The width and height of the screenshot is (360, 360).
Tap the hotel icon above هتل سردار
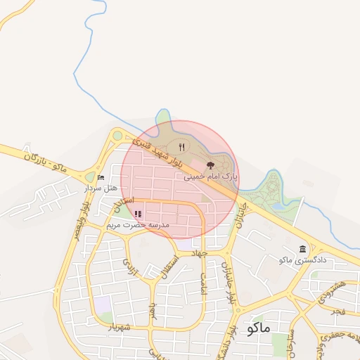101,178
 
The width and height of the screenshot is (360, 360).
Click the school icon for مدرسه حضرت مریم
139,214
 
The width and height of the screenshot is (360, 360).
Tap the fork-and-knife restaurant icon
181,147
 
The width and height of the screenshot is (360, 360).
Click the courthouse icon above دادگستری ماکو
302,250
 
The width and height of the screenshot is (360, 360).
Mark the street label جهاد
203,251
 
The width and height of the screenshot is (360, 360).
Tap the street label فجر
340,309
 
